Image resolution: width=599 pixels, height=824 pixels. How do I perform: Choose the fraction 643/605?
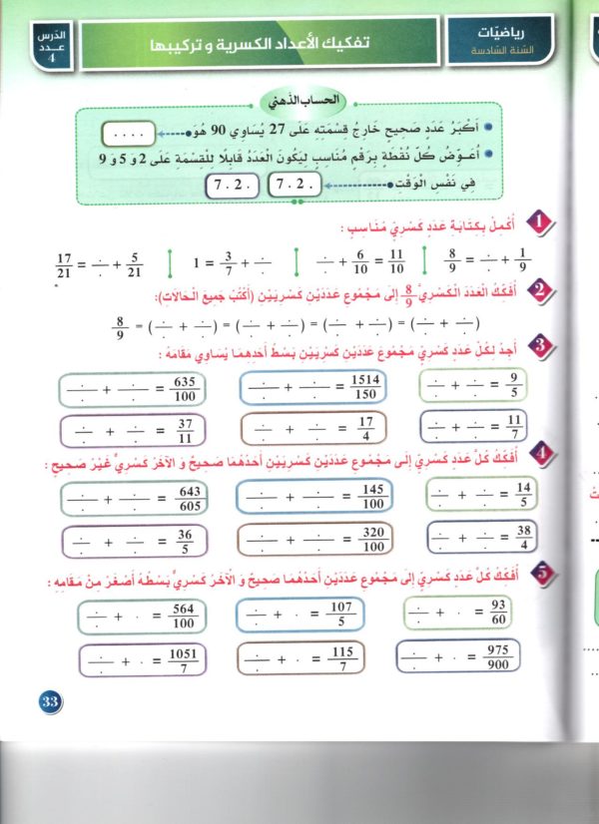pos(188,497)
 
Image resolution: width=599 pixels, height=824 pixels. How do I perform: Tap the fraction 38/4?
pos(523,538)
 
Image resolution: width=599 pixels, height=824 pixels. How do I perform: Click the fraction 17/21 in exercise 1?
pos(68,266)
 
